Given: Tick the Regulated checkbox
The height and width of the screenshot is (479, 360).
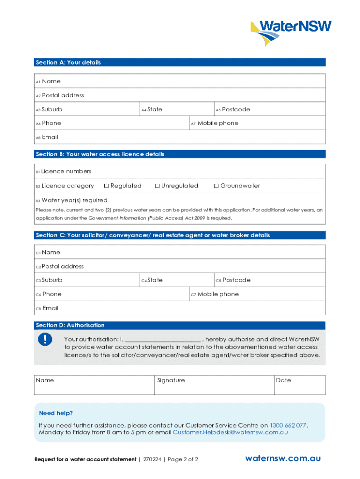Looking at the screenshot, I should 107,186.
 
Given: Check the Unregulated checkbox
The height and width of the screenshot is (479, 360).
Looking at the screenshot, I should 157,186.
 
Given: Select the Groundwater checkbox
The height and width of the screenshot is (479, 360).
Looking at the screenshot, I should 216,186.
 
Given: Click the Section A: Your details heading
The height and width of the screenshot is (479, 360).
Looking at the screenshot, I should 68,62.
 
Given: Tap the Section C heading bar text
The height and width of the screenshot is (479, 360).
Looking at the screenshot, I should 152,235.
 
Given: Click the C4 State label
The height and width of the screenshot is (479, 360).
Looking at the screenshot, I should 155,280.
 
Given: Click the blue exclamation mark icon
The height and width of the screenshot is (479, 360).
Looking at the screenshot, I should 45,340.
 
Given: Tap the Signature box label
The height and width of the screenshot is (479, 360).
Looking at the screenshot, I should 171,380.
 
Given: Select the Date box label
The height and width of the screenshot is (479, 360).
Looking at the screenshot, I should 283,380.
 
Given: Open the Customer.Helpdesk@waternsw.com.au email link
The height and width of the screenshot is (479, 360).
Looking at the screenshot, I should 230,432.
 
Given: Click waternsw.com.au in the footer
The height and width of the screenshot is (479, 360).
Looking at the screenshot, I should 283,458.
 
